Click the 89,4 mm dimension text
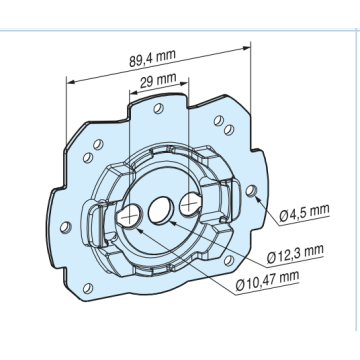pyautogui.click(x=152, y=58)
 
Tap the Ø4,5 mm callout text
pyautogui.click(x=304, y=212)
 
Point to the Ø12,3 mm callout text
pyautogui.click(x=295, y=254)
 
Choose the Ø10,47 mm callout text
pyautogui.click(x=267, y=281)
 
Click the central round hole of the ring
pyautogui.click(x=161, y=211)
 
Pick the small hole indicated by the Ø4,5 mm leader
pyautogui.click(x=251, y=191)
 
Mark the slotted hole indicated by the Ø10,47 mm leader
pyautogui.click(x=129, y=217)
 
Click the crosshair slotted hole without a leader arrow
pyautogui.click(x=190, y=203)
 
